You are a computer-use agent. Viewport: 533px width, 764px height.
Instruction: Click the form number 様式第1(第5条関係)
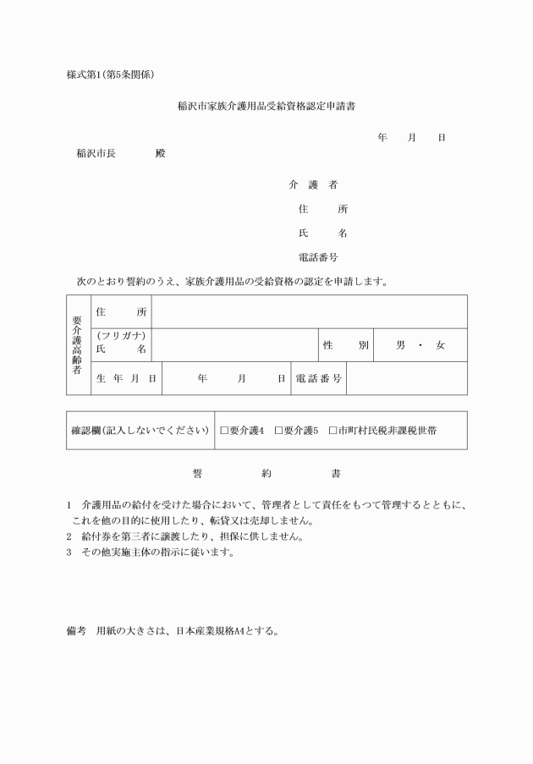click(110, 74)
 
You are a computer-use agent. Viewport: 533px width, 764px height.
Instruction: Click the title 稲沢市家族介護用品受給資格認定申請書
click(266, 107)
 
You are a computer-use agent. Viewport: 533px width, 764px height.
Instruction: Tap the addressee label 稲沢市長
click(96, 154)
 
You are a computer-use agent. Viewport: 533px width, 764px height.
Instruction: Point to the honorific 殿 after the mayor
click(161, 154)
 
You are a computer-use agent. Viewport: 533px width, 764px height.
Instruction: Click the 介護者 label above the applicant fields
click(313, 184)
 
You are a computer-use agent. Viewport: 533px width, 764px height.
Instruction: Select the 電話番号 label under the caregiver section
click(318, 257)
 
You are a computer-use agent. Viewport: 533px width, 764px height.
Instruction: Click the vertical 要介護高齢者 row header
click(78, 344)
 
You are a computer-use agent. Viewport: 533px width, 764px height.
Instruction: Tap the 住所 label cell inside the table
click(122, 311)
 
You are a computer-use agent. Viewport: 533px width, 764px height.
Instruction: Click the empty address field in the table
click(309, 311)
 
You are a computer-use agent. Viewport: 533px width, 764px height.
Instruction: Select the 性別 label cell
click(346, 345)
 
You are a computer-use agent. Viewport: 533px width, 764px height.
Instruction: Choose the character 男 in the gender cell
click(401, 345)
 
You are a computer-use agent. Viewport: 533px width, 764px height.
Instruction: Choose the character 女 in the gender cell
click(440, 345)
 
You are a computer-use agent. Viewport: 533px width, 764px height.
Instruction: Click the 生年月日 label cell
click(126, 378)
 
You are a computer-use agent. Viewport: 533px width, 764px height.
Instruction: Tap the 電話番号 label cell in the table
click(319, 378)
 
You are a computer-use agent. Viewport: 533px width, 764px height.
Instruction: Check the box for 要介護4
click(224, 431)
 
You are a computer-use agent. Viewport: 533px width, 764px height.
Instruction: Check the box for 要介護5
click(278, 431)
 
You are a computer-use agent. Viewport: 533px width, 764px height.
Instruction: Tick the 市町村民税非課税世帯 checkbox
click(332, 431)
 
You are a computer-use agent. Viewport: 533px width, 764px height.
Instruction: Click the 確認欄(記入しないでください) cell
click(140, 431)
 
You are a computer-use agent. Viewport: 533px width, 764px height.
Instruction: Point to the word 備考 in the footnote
click(77, 630)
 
